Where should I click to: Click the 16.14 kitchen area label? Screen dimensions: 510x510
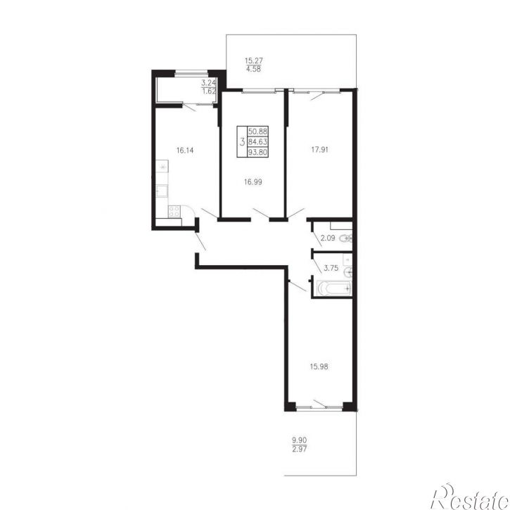tap(185, 151)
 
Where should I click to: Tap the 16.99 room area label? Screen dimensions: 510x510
tap(253, 182)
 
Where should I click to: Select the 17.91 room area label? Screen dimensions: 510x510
tap(319, 150)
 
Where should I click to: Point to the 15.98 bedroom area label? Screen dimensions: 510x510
tap(319, 366)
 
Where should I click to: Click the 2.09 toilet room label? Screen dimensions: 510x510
tap(328, 238)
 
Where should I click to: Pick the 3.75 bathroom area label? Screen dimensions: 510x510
tap(331, 268)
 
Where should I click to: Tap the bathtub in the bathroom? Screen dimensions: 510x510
tap(334, 288)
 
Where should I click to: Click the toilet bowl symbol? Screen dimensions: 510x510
tap(346, 238)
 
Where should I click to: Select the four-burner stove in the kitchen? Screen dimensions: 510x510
tap(174, 212)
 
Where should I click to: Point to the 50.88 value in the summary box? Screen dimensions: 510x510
tap(257, 132)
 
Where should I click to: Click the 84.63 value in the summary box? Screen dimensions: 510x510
tap(257, 141)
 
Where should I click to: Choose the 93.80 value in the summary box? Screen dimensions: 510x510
tap(257, 152)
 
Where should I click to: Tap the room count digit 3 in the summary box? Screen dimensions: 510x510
tap(242, 142)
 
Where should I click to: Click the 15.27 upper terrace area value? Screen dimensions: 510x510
tap(254, 60)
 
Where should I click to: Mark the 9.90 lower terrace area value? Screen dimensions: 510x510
tap(299, 440)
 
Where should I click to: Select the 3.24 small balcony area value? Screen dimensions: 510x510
tap(209, 83)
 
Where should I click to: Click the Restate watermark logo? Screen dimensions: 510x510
tap(470, 497)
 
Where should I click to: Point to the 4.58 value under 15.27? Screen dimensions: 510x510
tap(254, 69)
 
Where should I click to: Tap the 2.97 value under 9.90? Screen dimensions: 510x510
tap(300, 450)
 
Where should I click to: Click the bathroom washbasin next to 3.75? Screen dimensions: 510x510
tap(348, 271)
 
